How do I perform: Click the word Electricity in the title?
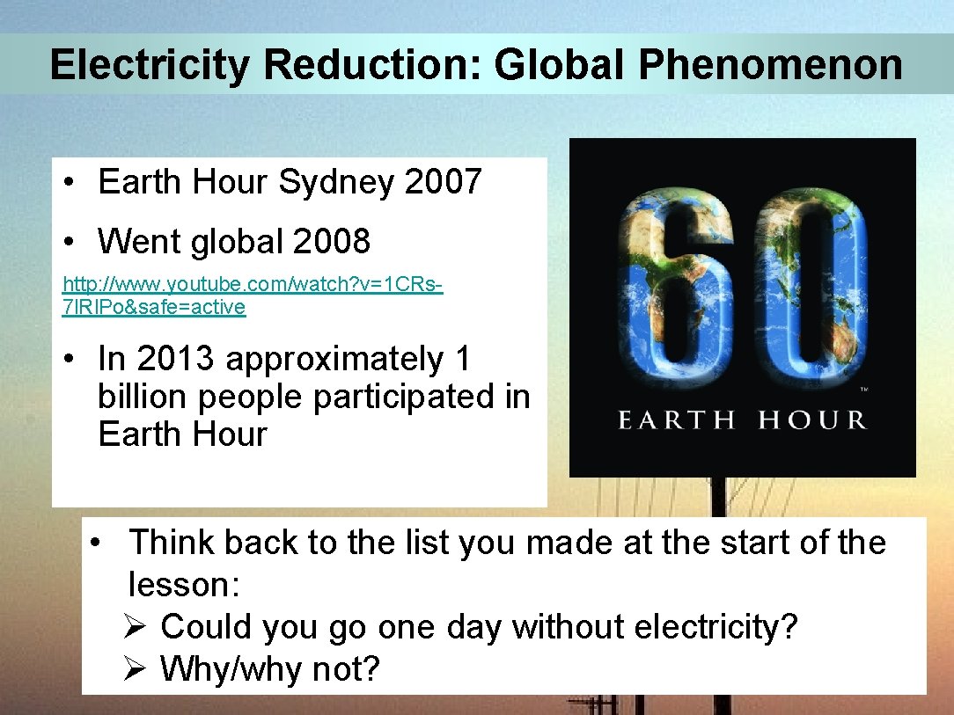pos(149,65)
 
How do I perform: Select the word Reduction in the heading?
pos(371,65)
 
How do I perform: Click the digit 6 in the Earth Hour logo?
pos(678,290)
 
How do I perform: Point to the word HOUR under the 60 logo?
pos(811,420)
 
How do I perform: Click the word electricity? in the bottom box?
pos(715,627)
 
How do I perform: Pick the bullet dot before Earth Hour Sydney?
pos(68,183)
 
